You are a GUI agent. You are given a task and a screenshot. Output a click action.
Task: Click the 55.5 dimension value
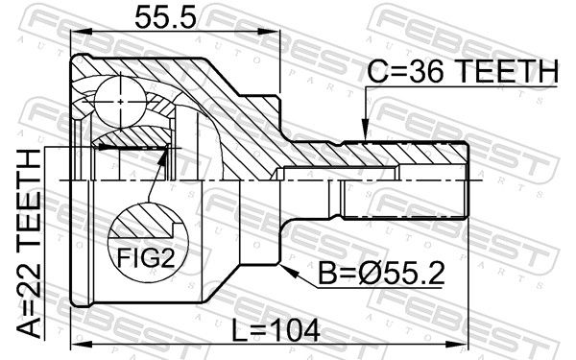[x=166, y=18]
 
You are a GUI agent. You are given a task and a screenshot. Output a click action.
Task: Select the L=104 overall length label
[x=276, y=330]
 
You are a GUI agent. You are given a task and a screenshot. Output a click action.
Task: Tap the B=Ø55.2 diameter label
[x=381, y=274]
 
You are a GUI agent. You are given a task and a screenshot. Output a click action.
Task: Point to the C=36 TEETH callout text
[x=463, y=71]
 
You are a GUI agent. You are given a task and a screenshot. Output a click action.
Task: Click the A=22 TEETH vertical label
[x=29, y=245]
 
